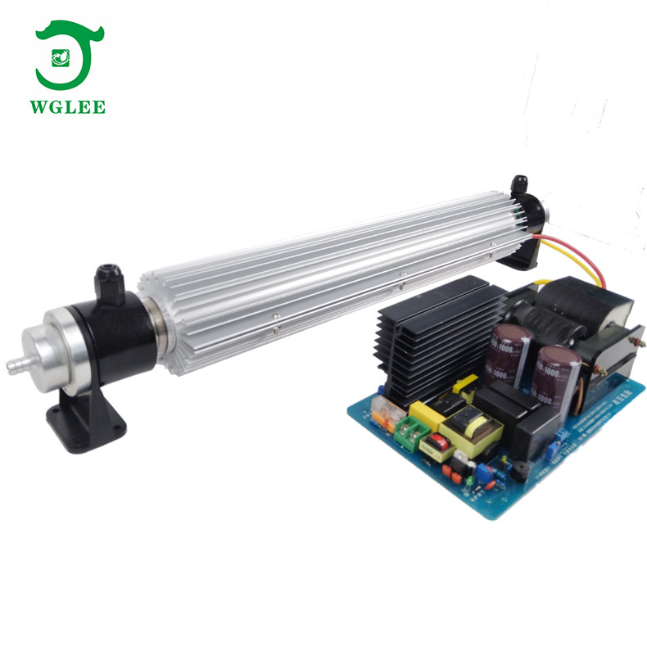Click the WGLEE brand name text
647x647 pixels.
[x=70, y=106]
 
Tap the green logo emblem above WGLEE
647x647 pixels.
[x=70, y=56]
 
